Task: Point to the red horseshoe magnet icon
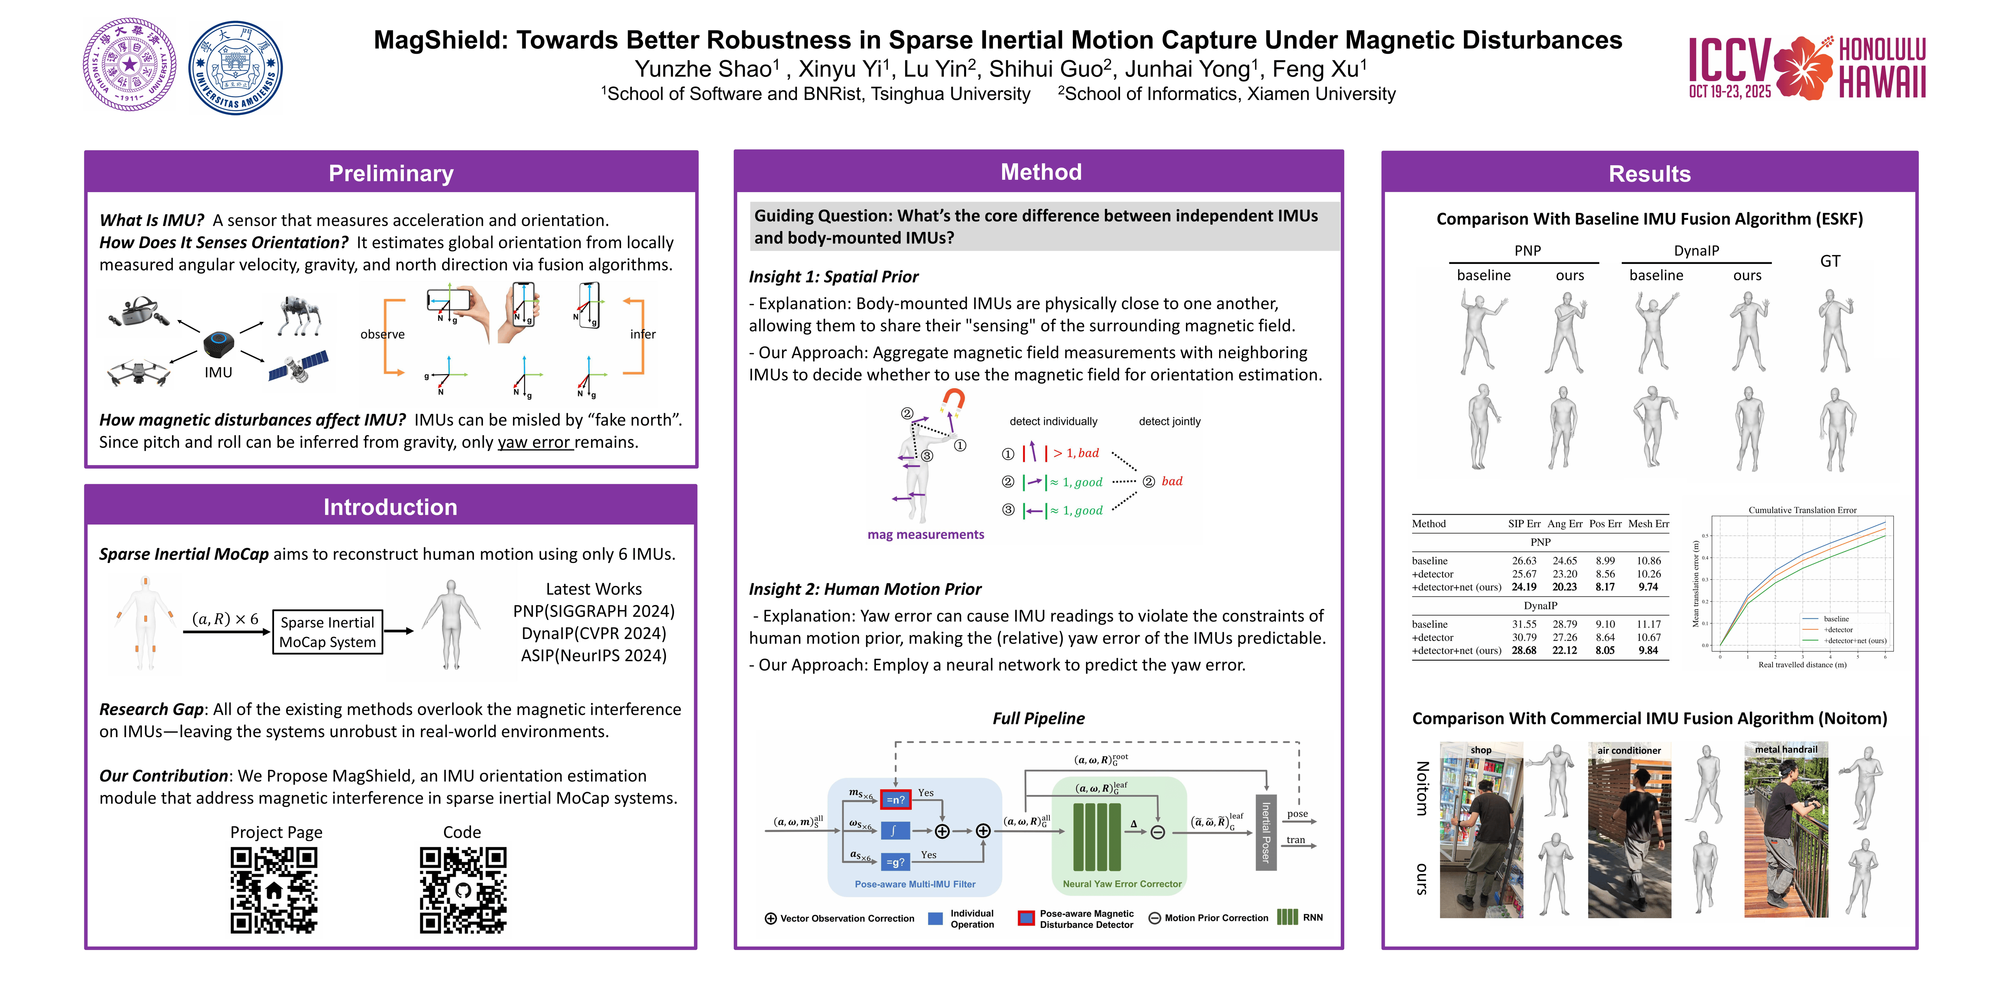[x=952, y=402]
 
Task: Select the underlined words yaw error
[x=534, y=442]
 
